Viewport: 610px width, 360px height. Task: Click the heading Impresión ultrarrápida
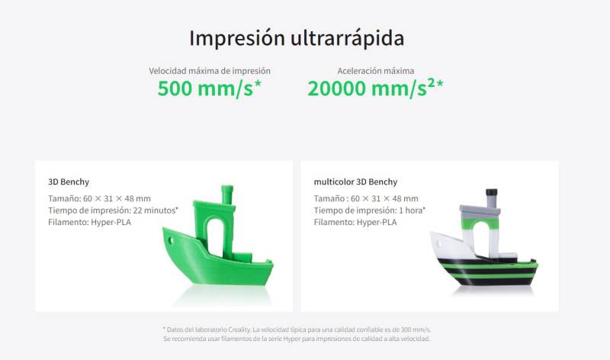pyautogui.click(x=297, y=38)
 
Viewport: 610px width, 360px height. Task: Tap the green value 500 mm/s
pyautogui.click(x=209, y=88)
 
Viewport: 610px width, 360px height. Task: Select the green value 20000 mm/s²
pyautogui.click(x=375, y=88)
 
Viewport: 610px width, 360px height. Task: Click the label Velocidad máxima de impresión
pyautogui.click(x=210, y=71)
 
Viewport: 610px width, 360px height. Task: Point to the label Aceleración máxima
pyautogui.click(x=375, y=71)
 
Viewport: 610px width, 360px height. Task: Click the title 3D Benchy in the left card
pyautogui.click(x=69, y=182)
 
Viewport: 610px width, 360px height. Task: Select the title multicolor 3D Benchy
pyautogui.click(x=355, y=182)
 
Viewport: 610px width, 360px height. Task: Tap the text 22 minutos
pyautogui.click(x=156, y=211)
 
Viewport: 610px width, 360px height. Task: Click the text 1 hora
pyautogui.click(x=412, y=211)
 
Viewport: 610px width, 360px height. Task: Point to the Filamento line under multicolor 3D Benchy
pyautogui.click(x=355, y=222)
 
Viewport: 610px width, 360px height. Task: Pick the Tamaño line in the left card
pyautogui.click(x=99, y=198)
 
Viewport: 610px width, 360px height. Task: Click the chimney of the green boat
pyautogui.click(x=227, y=194)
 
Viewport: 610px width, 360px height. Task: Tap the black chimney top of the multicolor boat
pyautogui.click(x=491, y=192)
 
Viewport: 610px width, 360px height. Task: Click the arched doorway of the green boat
pyautogui.click(x=214, y=237)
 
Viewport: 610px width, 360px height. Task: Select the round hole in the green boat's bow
pyautogui.click(x=170, y=240)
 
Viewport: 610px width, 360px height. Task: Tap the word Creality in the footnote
pyautogui.click(x=239, y=329)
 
